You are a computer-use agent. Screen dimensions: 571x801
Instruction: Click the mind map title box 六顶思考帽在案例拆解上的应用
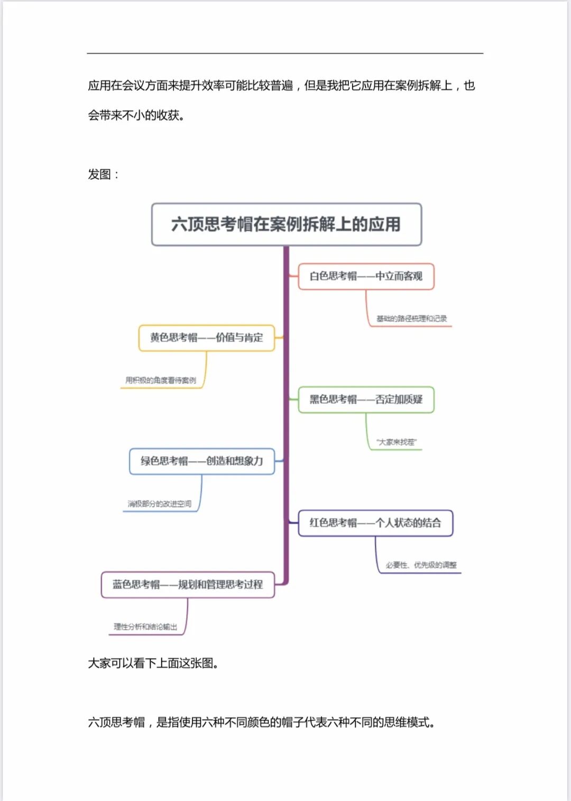[x=286, y=224]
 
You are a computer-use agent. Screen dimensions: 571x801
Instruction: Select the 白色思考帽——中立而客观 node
[x=366, y=276]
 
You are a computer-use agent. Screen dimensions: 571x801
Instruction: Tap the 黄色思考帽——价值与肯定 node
[x=206, y=338]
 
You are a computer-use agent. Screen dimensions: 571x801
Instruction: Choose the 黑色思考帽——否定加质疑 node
[x=366, y=399]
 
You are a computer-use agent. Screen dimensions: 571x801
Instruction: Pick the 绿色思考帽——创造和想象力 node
[x=201, y=461]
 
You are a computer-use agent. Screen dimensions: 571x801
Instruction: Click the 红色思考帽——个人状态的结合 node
[x=375, y=523]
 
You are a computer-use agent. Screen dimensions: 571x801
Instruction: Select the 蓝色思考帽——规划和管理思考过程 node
[x=188, y=585]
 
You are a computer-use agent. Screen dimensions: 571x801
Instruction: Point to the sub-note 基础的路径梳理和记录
[x=411, y=318]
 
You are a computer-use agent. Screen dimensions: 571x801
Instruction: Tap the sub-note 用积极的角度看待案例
[x=161, y=380]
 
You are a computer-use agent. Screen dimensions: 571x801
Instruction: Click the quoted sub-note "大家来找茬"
[x=397, y=442]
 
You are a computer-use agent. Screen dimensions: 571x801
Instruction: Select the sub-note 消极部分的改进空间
[x=159, y=504]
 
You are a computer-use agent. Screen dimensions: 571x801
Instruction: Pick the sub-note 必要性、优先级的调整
[x=421, y=565]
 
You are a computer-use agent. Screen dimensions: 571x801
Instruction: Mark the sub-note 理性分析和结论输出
[x=145, y=627]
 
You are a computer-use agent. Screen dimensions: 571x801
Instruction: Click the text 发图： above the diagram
[x=103, y=175]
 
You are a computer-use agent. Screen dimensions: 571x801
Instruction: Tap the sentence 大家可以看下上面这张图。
[x=153, y=663]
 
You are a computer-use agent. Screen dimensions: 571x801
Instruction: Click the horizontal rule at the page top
[x=285, y=53]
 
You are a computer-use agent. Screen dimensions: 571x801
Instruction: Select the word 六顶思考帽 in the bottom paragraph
[x=116, y=722]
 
